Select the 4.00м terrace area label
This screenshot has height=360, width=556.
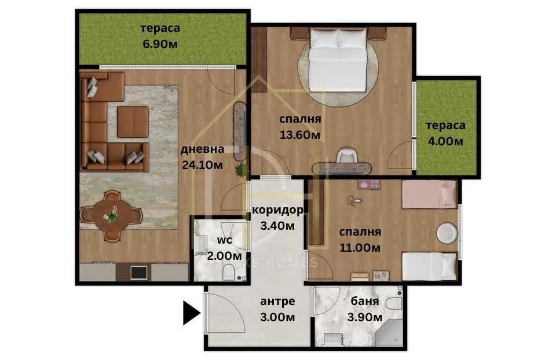pyautogui.click(x=445, y=141)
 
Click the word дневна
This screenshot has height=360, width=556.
pyautogui.click(x=201, y=148)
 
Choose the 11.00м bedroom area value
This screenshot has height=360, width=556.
pyautogui.click(x=359, y=248)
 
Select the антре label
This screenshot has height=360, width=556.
pyautogui.click(x=278, y=302)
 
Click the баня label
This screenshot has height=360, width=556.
pyautogui.click(x=365, y=302)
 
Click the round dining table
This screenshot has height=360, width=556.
pyautogui.click(x=112, y=215)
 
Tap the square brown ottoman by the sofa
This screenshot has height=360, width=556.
pyautogui.click(x=133, y=122)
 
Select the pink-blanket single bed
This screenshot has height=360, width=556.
pyautogui.click(x=429, y=194)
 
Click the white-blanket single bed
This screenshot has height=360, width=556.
pyautogui.click(x=429, y=266)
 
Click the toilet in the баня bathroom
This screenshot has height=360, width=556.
pyautogui.click(x=394, y=303)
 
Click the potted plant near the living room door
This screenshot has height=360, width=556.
pyautogui.click(x=240, y=170)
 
